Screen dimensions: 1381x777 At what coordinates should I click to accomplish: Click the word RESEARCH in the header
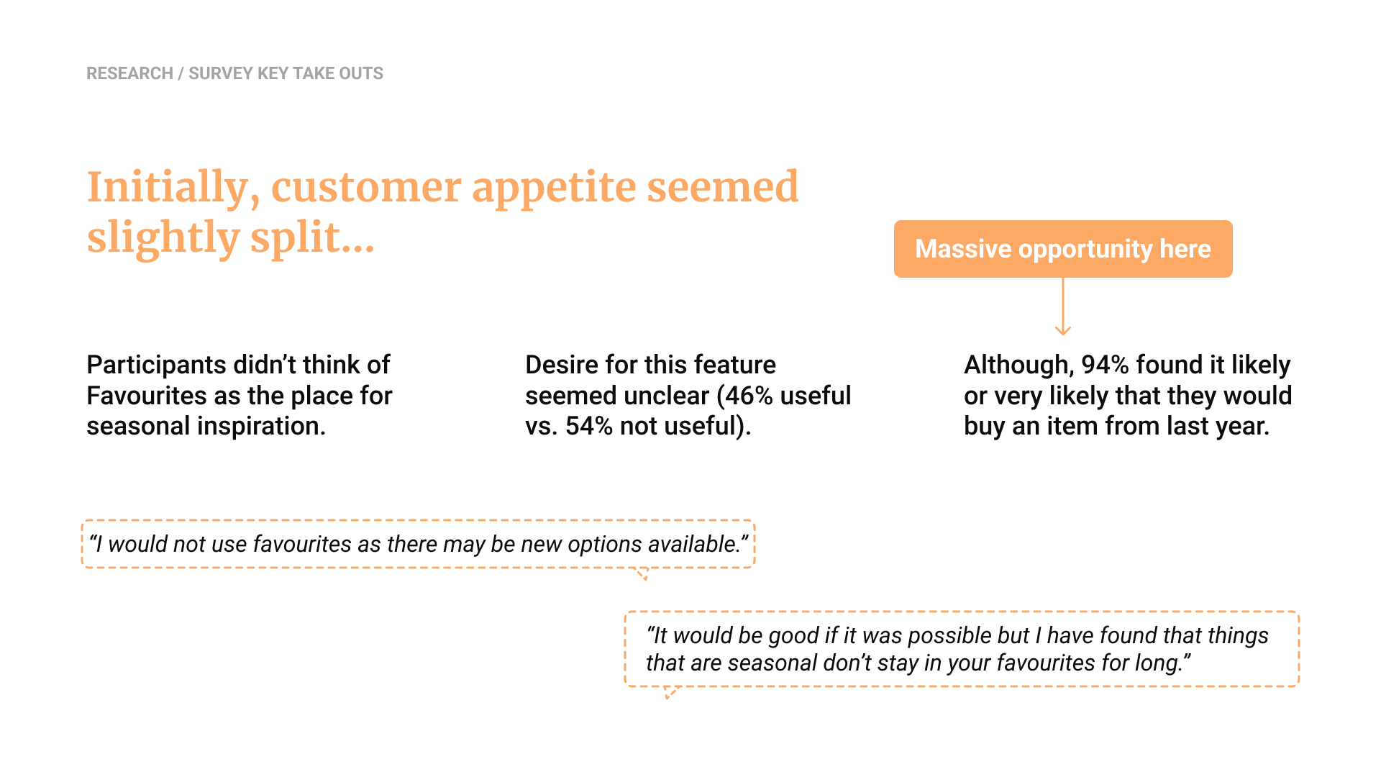coord(129,73)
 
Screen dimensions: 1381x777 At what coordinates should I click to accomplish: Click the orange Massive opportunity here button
coord(1063,249)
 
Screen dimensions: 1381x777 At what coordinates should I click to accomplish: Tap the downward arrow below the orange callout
coord(1063,306)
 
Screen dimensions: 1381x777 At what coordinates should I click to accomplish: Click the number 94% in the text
coord(1105,365)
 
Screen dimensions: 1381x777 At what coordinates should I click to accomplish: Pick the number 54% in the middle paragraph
coord(589,426)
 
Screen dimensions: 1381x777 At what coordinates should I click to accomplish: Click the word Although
coord(1018,365)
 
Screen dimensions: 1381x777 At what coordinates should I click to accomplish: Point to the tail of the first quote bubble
coord(642,574)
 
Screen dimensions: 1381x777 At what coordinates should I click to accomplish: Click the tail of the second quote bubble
coord(671,693)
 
